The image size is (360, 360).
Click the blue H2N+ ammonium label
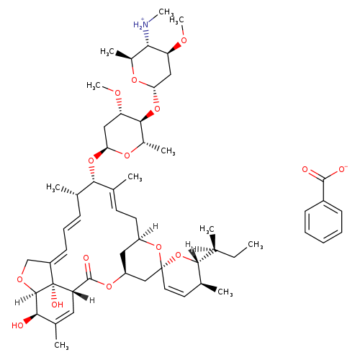[x=141, y=24]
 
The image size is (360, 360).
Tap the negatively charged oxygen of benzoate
[x=343, y=169]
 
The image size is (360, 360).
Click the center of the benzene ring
[x=323, y=222]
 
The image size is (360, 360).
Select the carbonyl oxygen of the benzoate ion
[x=305, y=169]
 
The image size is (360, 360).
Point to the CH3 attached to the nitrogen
[x=164, y=12]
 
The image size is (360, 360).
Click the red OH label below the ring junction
[x=57, y=305]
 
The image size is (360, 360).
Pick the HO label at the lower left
[x=17, y=325]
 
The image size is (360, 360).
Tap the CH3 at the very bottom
[x=61, y=346]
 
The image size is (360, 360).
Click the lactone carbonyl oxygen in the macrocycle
[x=86, y=258]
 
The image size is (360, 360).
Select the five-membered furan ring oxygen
[x=20, y=279]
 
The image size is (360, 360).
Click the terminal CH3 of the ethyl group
[x=255, y=245]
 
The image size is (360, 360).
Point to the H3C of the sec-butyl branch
[x=207, y=229]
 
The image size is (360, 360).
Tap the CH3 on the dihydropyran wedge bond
[x=225, y=292]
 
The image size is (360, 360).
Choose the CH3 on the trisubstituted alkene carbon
[x=135, y=177]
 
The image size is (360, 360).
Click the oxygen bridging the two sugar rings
[x=157, y=109]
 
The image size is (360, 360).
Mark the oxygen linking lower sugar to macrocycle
[x=91, y=161]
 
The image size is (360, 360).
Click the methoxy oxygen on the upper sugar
[x=184, y=40]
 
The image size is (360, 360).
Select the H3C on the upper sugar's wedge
[x=107, y=52]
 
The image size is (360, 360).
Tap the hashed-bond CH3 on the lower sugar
[x=168, y=151]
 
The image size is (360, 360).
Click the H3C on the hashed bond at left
[x=53, y=187]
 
